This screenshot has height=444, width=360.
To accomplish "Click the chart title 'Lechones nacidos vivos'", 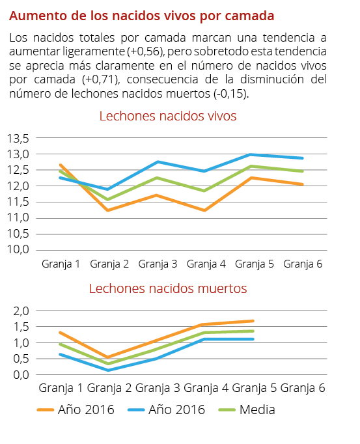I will [167, 116].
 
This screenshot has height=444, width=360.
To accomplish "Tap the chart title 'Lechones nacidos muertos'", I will [167, 288].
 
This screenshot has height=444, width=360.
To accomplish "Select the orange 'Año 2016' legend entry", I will [76, 409].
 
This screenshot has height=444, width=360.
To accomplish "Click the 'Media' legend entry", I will [247, 409].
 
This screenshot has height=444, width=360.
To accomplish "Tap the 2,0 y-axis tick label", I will [21, 311].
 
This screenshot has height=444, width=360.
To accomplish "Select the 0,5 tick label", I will [21, 359].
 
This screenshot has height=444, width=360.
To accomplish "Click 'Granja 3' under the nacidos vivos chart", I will [158, 264].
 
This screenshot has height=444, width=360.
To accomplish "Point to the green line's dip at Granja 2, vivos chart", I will [109, 199].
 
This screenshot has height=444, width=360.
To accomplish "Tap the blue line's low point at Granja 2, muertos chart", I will [108, 370].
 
